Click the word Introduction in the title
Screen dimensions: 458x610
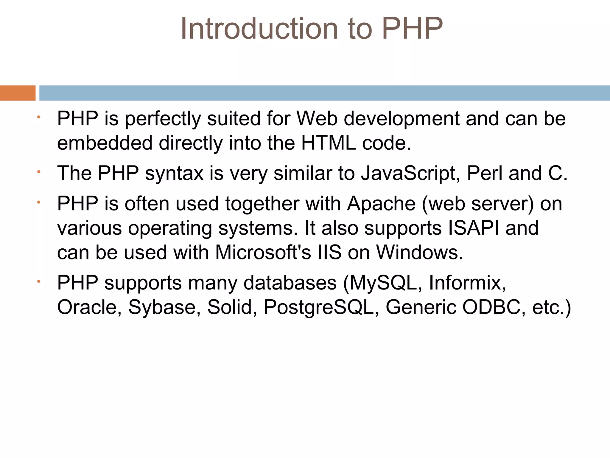coord(259,29)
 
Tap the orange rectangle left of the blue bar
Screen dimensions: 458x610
coord(18,93)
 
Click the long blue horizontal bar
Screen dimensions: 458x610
coord(324,93)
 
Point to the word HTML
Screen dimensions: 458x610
coord(329,143)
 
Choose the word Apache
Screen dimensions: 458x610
coord(381,204)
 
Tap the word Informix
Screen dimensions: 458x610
coord(467,283)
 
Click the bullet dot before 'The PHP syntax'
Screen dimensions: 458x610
coord(38,172)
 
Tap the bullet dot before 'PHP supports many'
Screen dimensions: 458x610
coord(38,281)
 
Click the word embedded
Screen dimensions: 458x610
coord(105,143)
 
